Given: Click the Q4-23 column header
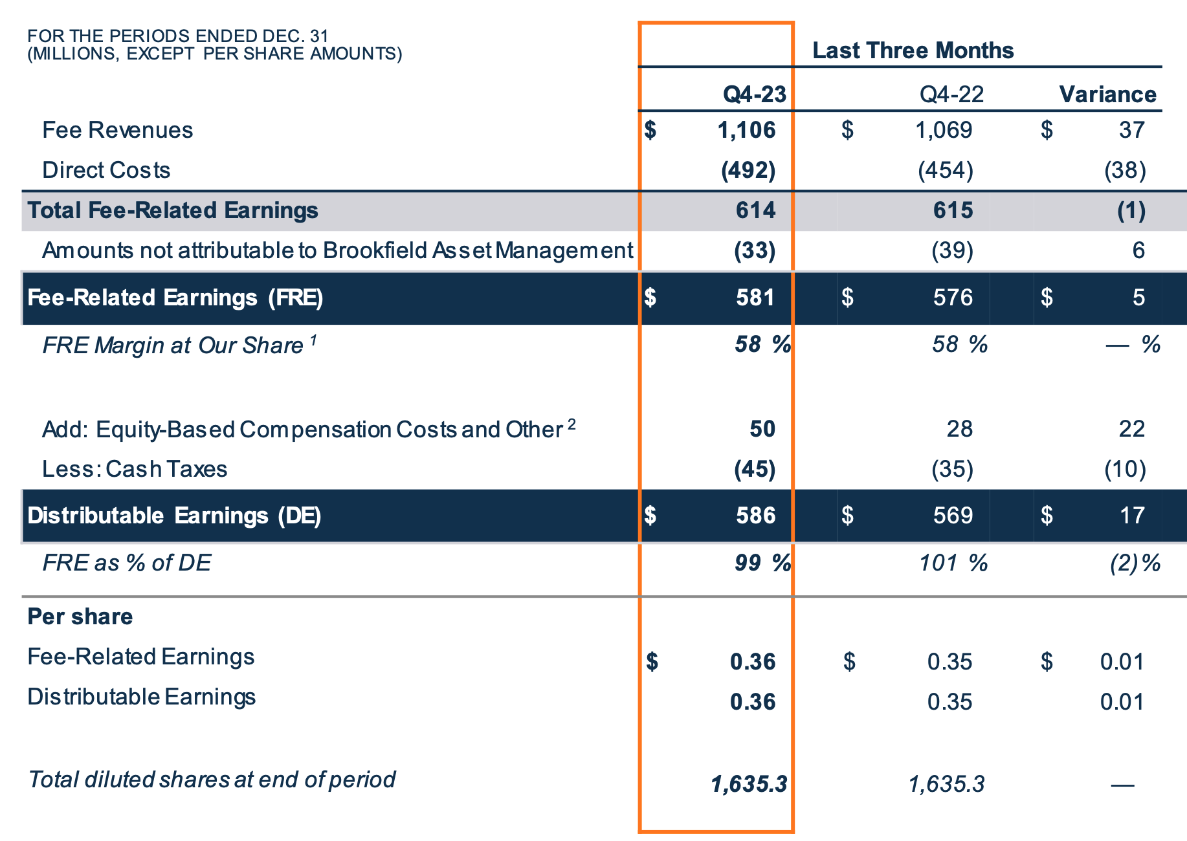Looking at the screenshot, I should (754, 94).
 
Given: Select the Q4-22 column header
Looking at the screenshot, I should (951, 94).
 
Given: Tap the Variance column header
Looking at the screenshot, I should (1107, 94).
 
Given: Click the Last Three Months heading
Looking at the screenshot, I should (913, 50).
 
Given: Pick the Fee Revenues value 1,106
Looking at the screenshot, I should (746, 130).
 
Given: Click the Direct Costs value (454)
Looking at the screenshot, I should (946, 170).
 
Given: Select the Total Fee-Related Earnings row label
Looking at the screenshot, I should (173, 210).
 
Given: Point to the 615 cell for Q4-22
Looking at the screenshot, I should (953, 210).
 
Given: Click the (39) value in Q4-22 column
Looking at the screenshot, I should (952, 250).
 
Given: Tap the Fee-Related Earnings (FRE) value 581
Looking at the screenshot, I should (755, 298).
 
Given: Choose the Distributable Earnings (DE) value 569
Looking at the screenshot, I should (953, 516).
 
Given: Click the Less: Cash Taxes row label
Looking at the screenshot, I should (135, 469).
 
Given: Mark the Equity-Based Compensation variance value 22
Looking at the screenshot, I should (1131, 429).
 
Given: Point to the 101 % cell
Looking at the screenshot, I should (953, 563).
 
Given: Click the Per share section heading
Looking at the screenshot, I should (80, 617).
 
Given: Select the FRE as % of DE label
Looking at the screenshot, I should (127, 563).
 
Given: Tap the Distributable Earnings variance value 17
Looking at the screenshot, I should (1132, 516).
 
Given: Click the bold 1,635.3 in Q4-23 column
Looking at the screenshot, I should (749, 784).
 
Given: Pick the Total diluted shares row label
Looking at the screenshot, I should (212, 780).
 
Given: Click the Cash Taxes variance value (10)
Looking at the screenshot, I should (1125, 469).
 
